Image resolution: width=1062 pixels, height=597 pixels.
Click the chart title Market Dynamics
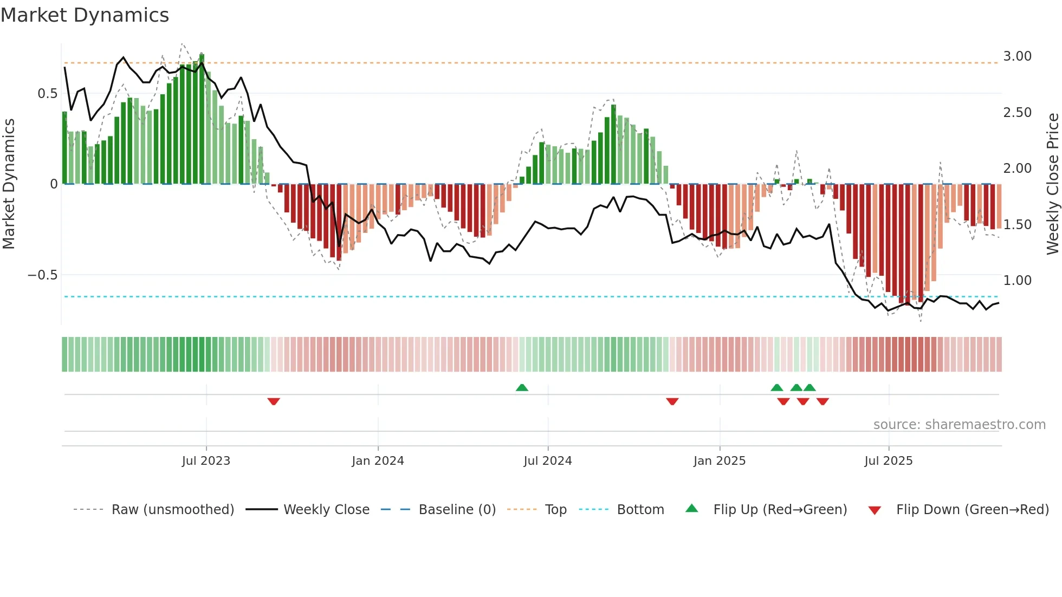[x=85, y=15]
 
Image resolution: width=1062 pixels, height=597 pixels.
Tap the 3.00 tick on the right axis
[x=1017, y=56]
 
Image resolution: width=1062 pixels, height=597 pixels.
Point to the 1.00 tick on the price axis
[x=1017, y=281]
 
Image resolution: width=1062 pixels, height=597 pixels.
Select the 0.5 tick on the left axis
[x=47, y=94]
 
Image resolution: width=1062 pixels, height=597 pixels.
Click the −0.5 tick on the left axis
[x=43, y=275]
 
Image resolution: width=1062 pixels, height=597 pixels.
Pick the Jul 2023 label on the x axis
[x=206, y=461]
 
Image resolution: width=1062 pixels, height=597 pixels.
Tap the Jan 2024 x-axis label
[x=378, y=461]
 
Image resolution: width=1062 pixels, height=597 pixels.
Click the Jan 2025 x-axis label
[x=720, y=461]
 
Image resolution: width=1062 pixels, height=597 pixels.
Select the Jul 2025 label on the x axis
[x=889, y=461]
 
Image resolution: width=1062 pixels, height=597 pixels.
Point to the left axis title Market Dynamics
[x=9, y=184]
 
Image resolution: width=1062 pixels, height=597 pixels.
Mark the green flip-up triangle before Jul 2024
[x=522, y=388]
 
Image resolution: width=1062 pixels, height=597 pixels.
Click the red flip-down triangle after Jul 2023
[x=274, y=401]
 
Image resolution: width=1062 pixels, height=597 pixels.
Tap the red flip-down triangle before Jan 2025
[x=672, y=401]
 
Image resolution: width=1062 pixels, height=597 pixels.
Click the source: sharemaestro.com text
[x=959, y=425]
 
